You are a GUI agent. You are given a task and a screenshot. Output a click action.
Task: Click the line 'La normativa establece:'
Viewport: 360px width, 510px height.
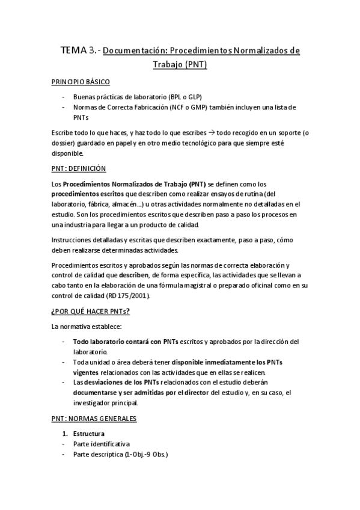pos(87,326)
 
